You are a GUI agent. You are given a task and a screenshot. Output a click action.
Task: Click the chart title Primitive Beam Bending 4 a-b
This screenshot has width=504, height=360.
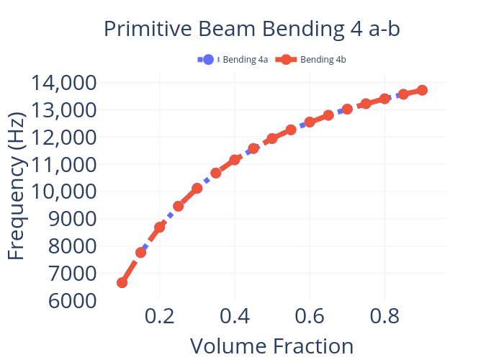tap(251, 29)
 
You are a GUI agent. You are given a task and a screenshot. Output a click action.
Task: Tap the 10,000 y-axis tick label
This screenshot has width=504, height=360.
tap(65, 192)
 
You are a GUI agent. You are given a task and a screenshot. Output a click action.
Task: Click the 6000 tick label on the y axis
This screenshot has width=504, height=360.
tap(73, 300)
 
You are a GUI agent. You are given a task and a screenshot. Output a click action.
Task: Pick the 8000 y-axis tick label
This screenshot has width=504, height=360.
tap(73, 246)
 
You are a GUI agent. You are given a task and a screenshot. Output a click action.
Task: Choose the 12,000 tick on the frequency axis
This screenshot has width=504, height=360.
tap(65, 137)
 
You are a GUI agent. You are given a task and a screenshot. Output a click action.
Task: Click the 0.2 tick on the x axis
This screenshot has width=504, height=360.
tap(159, 318)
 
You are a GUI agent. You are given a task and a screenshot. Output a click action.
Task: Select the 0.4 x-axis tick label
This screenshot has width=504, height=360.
tap(234, 318)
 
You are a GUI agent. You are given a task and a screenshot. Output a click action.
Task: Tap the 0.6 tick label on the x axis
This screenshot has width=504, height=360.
tap(309, 318)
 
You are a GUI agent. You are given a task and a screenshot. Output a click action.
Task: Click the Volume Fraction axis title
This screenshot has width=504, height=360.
tap(271, 346)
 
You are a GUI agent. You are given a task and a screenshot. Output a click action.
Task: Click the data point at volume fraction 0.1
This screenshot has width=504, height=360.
tap(122, 283)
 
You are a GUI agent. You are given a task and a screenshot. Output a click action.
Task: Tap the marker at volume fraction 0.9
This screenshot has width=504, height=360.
tap(422, 90)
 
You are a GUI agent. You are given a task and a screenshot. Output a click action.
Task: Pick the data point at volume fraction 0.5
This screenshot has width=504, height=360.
tap(272, 138)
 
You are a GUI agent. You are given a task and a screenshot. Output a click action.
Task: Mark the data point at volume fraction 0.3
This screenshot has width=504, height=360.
tap(197, 188)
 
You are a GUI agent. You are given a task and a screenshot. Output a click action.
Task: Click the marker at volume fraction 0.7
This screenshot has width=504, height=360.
tap(347, 109)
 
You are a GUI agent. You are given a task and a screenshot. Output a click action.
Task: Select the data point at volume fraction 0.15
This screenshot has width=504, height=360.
tap(140, 252)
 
